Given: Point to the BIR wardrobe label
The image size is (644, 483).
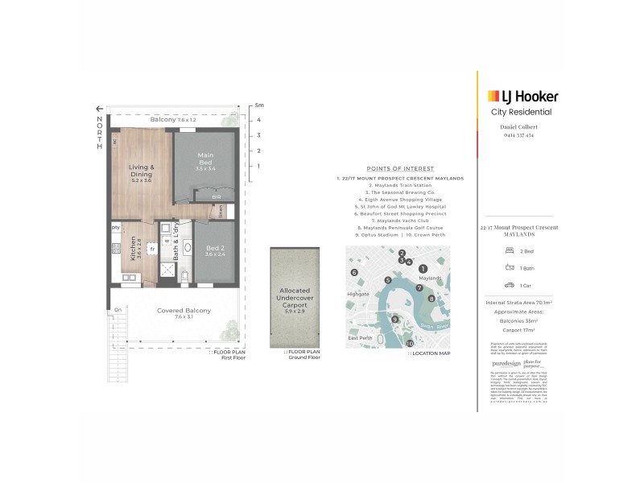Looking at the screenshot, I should point(216,196).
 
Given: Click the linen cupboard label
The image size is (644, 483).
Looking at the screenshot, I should point(221,211).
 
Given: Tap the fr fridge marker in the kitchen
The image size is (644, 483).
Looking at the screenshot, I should point(151,249).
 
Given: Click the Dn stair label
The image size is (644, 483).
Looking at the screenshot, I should point(118,310).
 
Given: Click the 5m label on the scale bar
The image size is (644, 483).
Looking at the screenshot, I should point(258,105).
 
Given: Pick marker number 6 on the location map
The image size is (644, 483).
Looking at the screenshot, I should point(353,273).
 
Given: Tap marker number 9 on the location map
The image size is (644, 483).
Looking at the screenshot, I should point(394,320).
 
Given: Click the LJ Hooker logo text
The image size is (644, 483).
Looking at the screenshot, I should point(527,97).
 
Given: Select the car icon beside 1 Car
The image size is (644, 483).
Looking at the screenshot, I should point(510,285).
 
